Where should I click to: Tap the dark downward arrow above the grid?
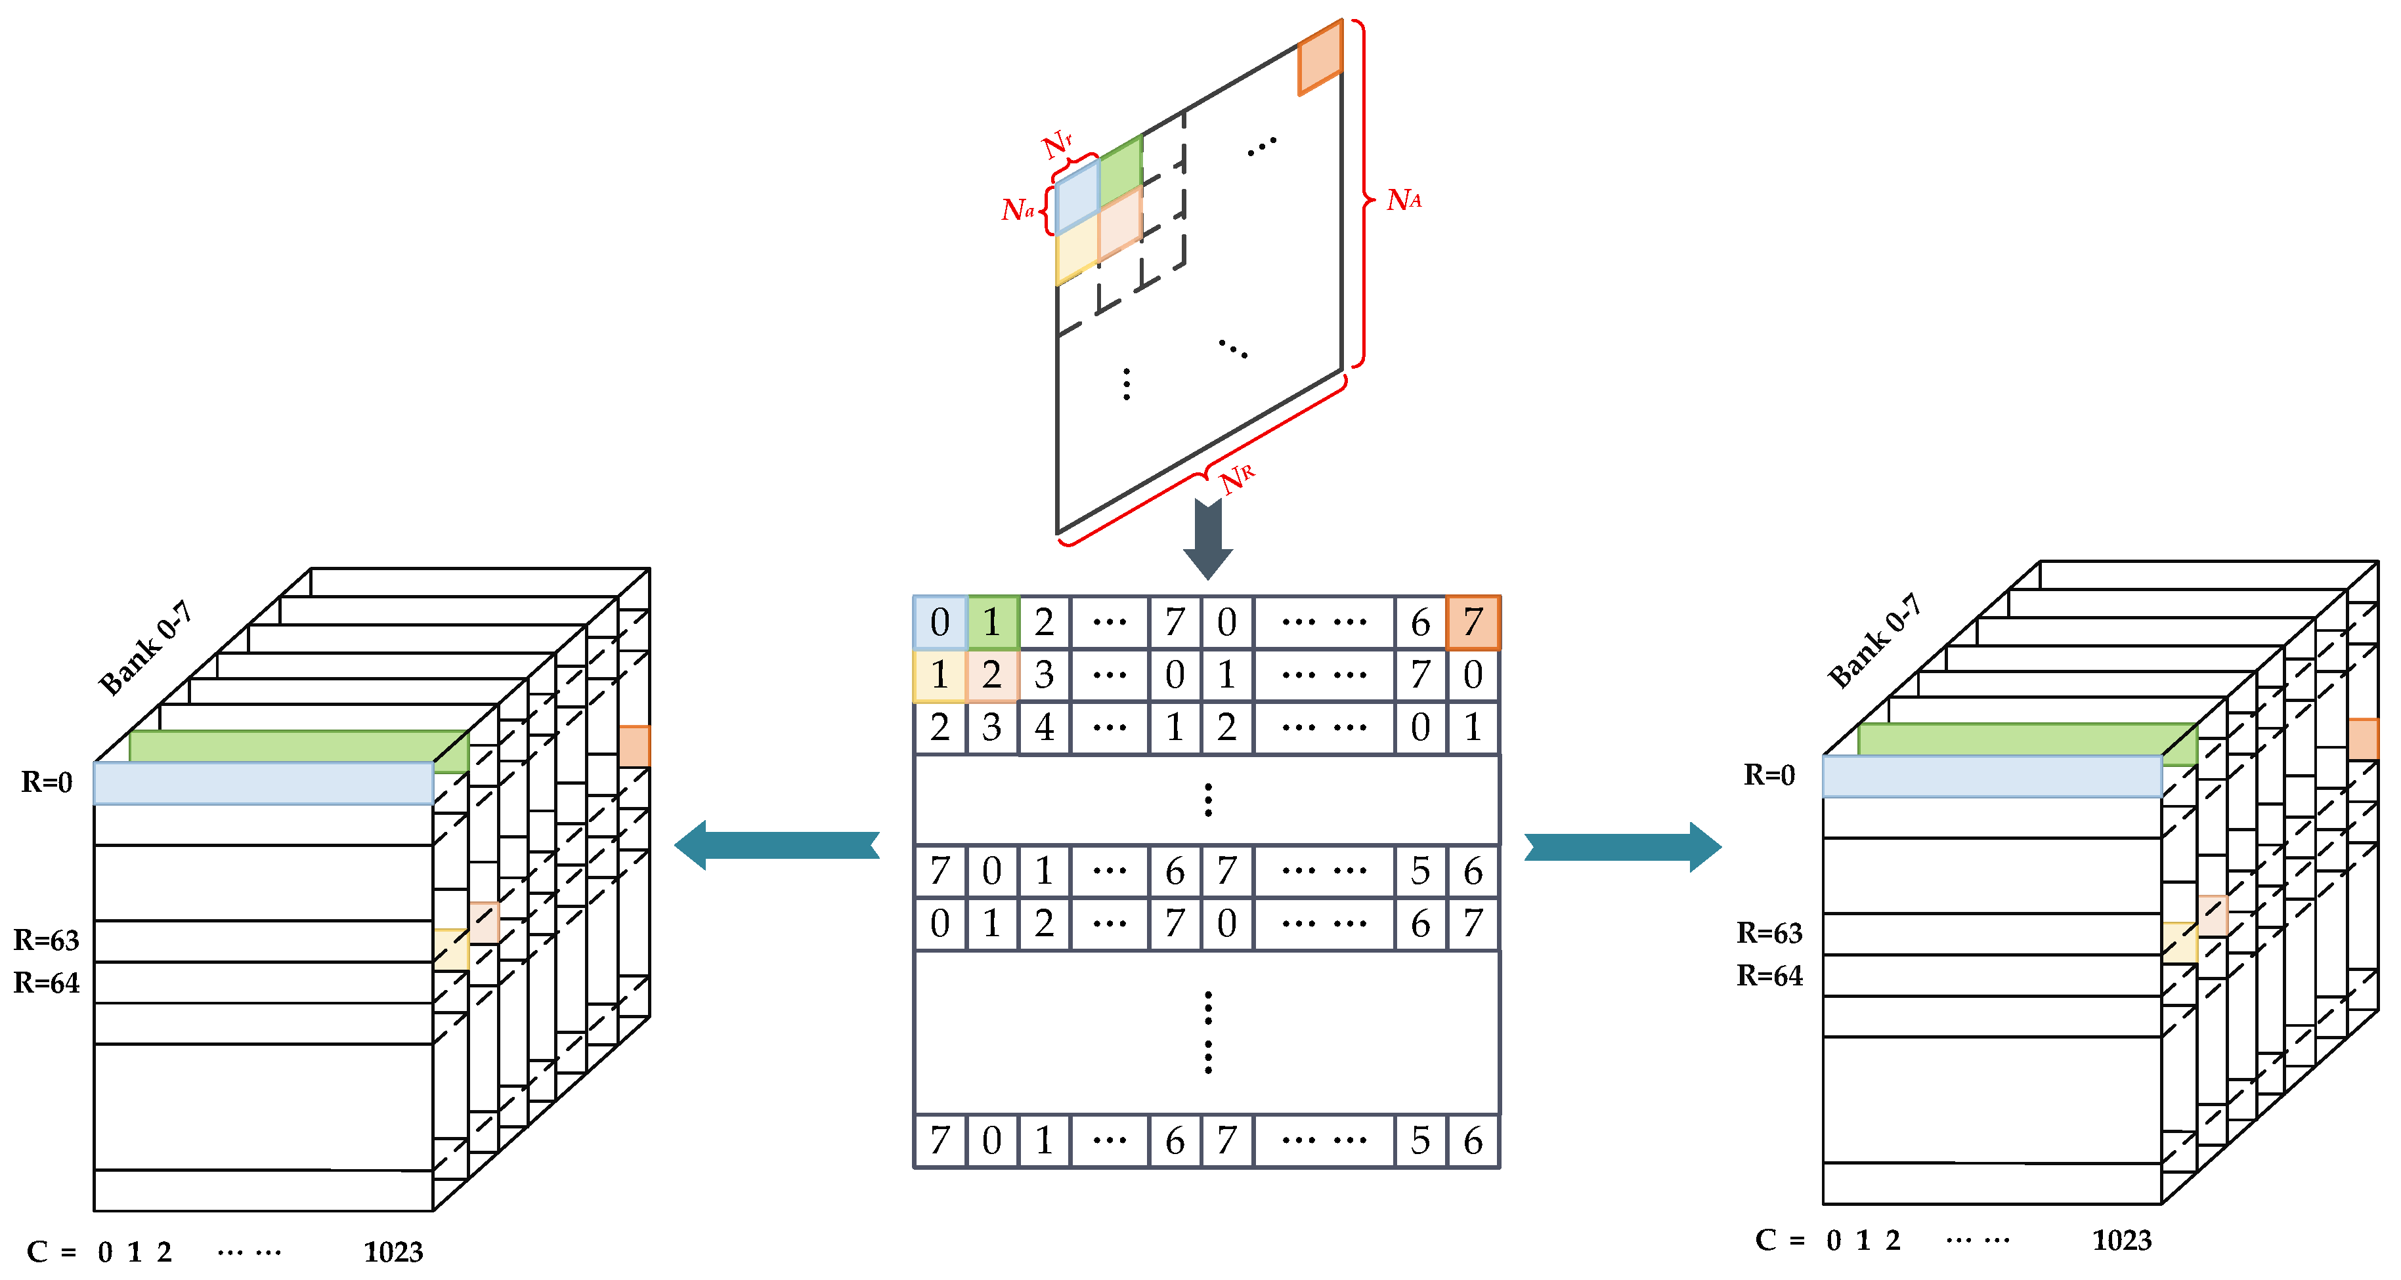click(x=1208, y=539)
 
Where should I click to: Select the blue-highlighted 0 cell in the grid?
click(x=940, y=621)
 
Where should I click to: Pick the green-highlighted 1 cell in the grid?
click(x=991, y=621)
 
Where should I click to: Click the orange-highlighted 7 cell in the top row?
click(x=1473, y=621)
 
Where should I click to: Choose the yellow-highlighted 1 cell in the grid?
click(x=940, y=674)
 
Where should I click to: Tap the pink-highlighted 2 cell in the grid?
click(x=991, y=674)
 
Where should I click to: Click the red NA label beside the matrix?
click(x=1404, y=199)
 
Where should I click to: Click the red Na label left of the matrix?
click(x=1018, y=209)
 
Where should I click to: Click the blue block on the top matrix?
click(x=1077, y=197)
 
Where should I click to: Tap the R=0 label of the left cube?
click(x=47, y=781)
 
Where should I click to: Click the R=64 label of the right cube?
click(x=1769, y=976)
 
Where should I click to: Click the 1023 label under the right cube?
click(x=2121, y=1240)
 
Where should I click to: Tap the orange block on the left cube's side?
click(x=634, y=746)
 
